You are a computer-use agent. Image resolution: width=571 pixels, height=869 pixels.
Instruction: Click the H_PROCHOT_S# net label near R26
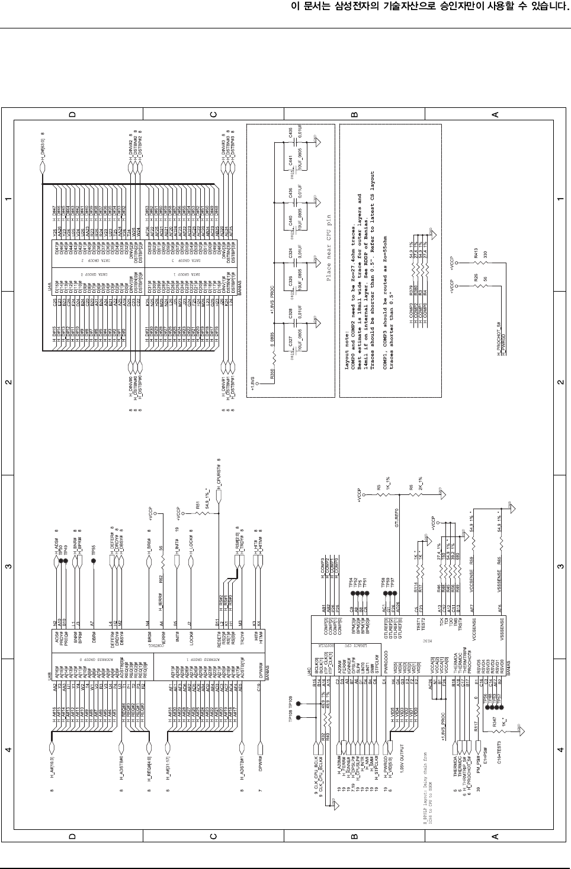click(499, 338)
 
